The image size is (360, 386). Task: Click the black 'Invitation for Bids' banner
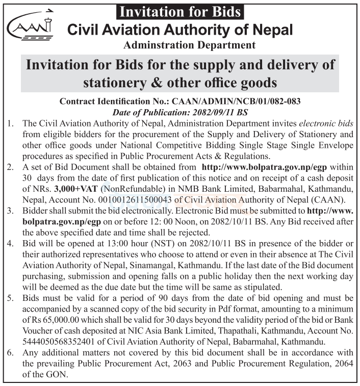pos(180,11)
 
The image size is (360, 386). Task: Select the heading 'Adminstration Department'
pos(189,45)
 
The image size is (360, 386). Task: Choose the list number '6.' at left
pos(11,353)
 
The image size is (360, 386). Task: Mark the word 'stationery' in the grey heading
pos(121,82)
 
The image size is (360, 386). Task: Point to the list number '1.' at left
pos(11,123)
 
